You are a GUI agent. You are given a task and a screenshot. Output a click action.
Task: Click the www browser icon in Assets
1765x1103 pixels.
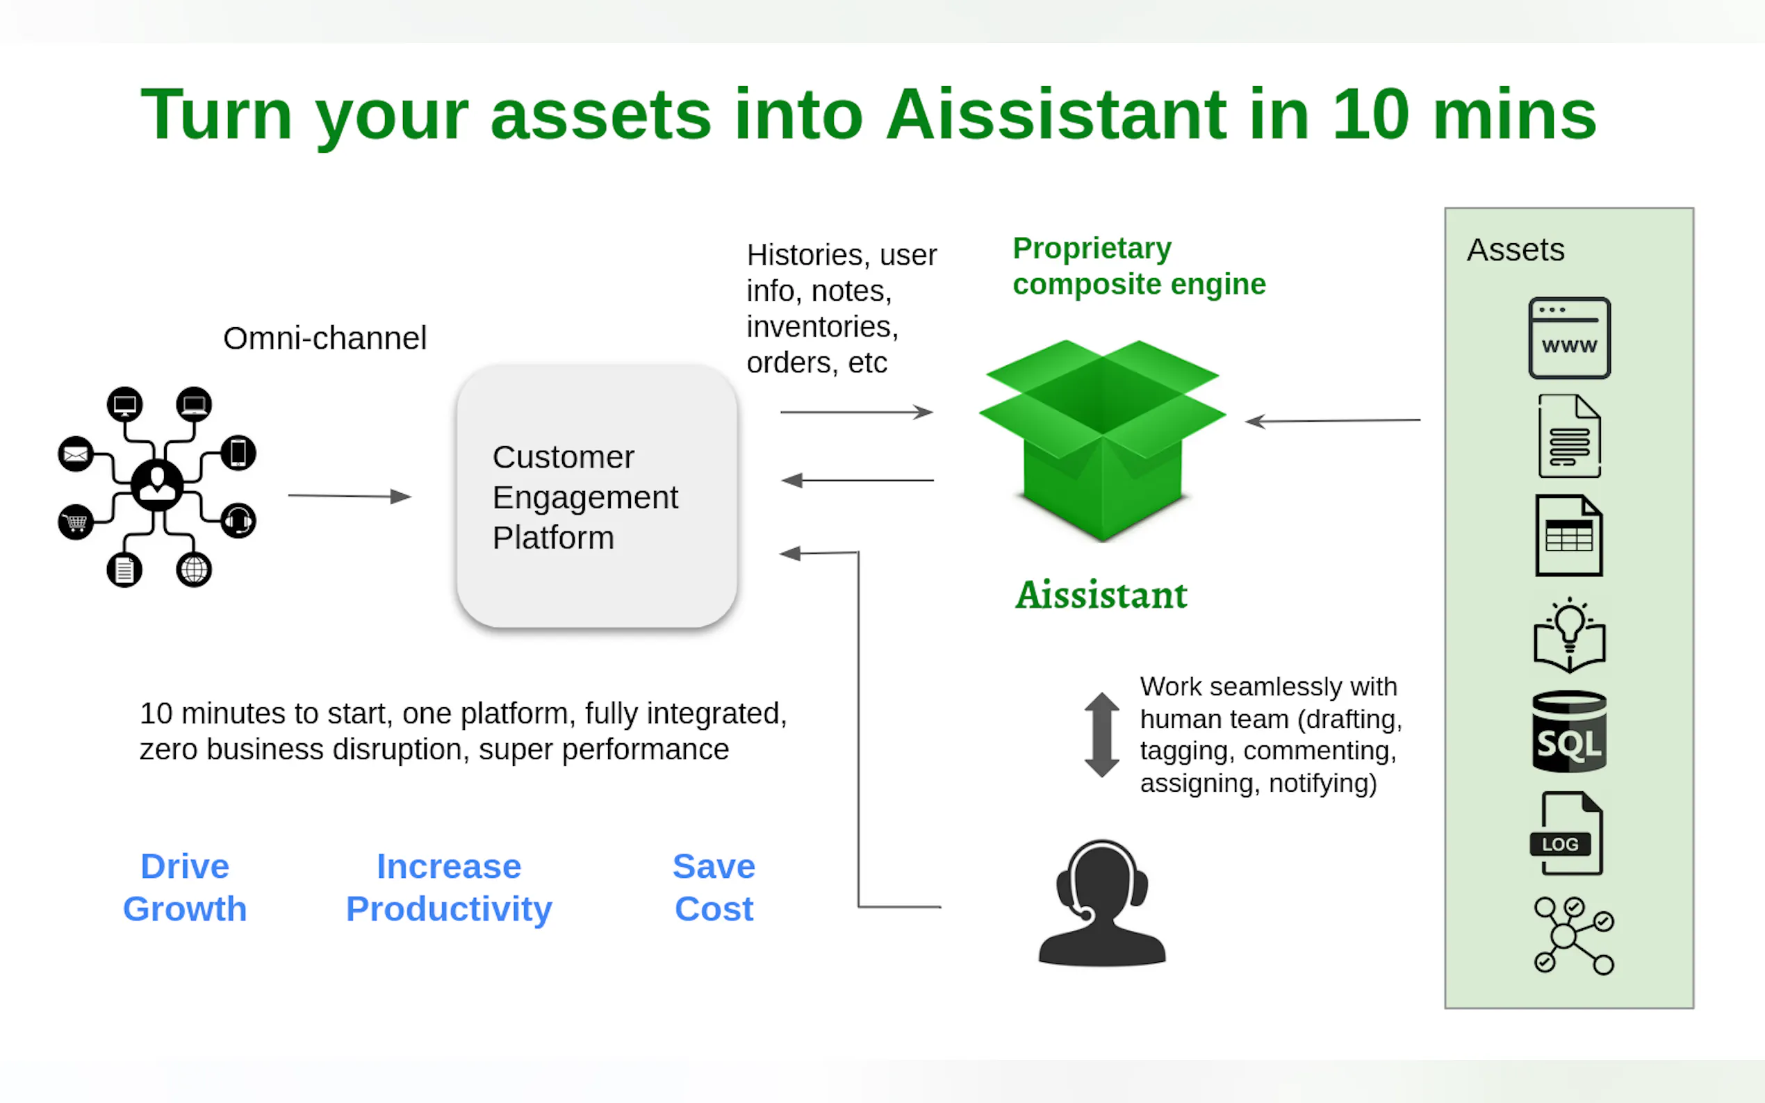click(1569, 338)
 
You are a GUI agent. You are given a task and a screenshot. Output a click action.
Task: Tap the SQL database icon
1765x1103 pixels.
click(1569, 731)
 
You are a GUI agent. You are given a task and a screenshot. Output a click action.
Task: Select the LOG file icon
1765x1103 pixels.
click(1566, 833)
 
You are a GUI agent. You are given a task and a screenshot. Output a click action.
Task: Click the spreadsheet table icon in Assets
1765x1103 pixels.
click(1569, 536)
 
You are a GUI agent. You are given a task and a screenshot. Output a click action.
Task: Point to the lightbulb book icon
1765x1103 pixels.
click(1569, 635)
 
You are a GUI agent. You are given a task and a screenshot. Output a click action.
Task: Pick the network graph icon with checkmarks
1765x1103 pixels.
click(1573, 935)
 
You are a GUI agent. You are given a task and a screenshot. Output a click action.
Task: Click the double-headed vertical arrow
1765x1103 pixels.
click(1102, 734)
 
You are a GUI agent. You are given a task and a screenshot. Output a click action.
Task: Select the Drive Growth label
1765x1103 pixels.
click(185, 887)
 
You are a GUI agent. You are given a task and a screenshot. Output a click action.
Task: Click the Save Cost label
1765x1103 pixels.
click(714, 887)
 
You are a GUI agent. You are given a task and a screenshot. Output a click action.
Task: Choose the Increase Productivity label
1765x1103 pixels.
click(449, 887)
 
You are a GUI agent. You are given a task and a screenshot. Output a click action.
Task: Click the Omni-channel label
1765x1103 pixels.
click(325, 338)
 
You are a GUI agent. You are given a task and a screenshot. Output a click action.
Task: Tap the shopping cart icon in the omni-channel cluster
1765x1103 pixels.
click(76, 522)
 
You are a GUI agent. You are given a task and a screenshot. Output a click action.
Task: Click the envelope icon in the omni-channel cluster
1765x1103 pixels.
click(75, 454)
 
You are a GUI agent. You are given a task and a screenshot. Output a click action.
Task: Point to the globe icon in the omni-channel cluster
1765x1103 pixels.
click(193, 570)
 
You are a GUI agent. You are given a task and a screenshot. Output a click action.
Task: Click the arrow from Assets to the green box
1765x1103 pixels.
click(1332, 421)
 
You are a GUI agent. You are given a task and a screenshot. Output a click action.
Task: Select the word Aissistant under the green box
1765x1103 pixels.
click(1102, 595)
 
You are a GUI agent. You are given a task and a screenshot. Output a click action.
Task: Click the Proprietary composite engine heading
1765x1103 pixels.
click(1138, 266)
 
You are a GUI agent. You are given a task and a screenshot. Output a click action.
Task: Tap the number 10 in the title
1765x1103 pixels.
click(1370, 115)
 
